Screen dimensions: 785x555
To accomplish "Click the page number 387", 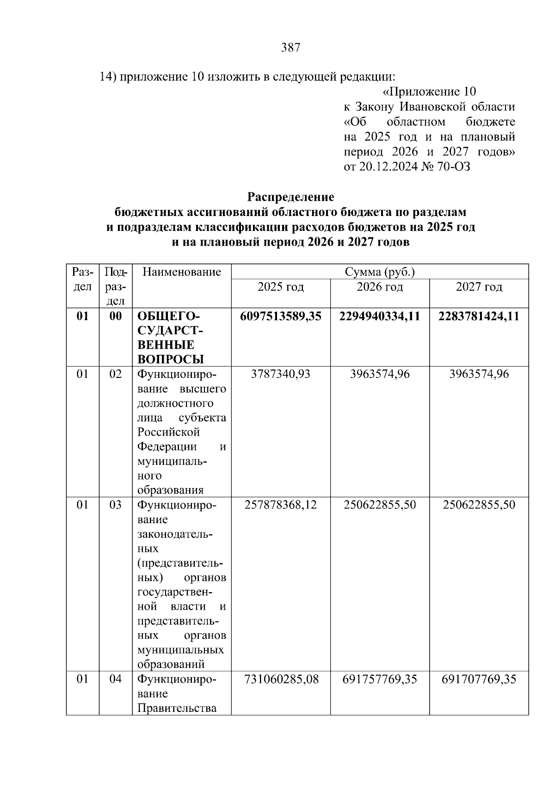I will click(291, 48).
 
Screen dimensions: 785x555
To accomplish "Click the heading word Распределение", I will click(290, 197).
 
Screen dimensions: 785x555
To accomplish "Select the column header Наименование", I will click(182, 272).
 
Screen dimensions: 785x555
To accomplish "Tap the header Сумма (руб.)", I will click(380, 272).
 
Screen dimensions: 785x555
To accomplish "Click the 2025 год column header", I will click(281, 287).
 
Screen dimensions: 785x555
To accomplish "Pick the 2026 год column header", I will click(380, 287).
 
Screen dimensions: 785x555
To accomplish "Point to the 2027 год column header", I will click(479, 287).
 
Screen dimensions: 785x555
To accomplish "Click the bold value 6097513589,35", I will click(281, 316).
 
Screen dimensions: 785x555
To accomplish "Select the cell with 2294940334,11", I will click(380, 316).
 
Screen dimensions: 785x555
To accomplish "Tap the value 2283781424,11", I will click(479, 316).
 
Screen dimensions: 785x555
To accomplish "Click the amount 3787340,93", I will click(281, 374).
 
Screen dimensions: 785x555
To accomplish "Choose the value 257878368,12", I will click(281, 505).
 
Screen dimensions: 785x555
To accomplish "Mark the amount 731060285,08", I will click(281, 680).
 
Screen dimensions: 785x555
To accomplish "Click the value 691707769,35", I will click(479, 680).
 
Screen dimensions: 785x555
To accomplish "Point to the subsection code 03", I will click(116, 505).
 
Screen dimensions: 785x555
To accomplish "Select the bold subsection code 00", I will click(116, 316).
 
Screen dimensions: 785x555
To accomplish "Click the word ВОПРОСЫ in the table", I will click(171, 359).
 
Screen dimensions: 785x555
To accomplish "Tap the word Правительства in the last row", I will click(177, 708).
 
